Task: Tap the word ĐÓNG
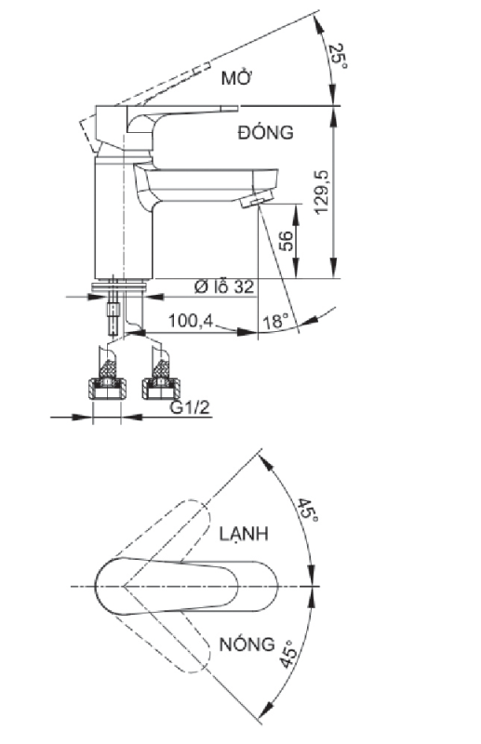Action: tap(265, 133)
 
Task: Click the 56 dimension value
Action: tap(287, 241)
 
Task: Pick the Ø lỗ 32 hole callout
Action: tap(223, 287)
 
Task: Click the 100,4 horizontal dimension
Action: tap(191, 321)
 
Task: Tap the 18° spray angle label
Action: tap(275, 321)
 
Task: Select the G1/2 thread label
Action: tap(189, 406)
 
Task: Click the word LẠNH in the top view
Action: tap(245, 534)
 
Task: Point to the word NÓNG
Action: tap(247, 644)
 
